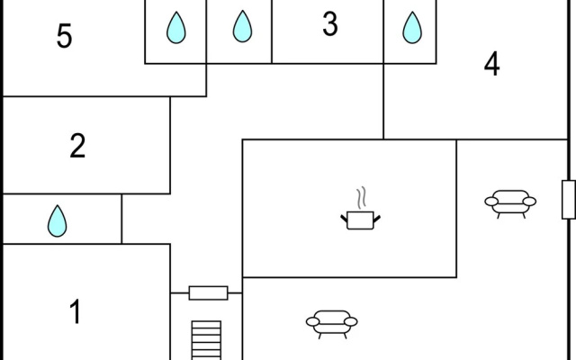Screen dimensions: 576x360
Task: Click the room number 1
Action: coord(76,311)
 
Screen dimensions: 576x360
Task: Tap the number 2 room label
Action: coord(77,146)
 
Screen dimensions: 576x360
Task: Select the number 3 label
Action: coord(330,24)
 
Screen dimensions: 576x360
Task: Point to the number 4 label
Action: coord(492,64)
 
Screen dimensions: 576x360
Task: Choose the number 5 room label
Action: coord(64,36)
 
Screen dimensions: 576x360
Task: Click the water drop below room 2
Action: coord(58,220)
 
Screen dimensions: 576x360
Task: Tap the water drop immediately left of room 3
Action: coord(242,26)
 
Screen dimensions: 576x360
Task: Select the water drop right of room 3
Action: coord(412,28)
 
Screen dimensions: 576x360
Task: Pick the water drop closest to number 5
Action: coord(176,28)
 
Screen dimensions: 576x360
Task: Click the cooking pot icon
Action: coord(360,220)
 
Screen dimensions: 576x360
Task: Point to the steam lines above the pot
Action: coord(362,198)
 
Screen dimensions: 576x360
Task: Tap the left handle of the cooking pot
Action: coord(344,219)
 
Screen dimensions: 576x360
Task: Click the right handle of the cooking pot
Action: coord(377,219)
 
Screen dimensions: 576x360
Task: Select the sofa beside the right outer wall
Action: coord(510,204)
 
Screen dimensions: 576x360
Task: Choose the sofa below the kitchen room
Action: coord(332,324)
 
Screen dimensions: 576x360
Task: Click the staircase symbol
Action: coord(206,340)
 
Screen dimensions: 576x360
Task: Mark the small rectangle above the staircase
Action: coord(208,293)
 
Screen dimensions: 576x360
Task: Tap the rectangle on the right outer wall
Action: coord(569,200)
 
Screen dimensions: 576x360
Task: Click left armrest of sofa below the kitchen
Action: coord(312,322)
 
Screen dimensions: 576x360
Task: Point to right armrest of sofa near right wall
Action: coord(529,202)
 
